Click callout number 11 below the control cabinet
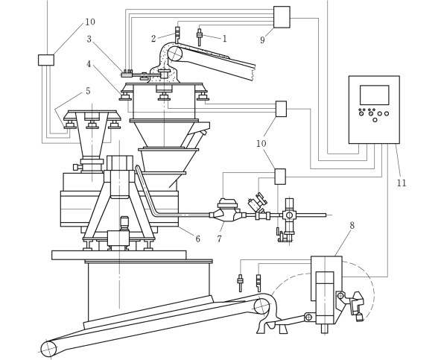402,183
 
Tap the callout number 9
262,40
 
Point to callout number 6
197,239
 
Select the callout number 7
220,239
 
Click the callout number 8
352,225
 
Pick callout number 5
88,91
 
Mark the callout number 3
89,39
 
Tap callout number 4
89,64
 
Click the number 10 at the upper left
90,22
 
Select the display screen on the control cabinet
374,95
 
